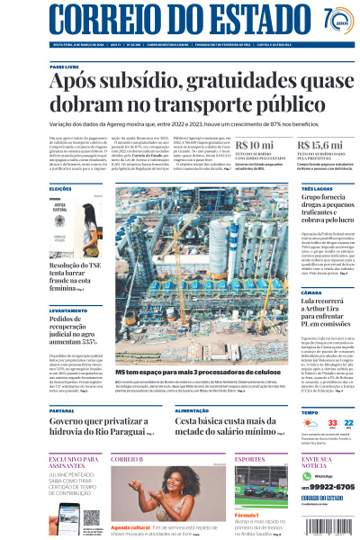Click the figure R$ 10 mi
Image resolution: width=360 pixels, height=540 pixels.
[255, 145]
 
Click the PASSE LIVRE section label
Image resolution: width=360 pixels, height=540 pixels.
[64, 67]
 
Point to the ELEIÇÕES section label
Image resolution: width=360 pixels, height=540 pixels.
[60, 189]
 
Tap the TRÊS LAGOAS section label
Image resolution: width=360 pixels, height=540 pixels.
[315, 189]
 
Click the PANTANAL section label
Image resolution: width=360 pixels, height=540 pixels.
[62, 409]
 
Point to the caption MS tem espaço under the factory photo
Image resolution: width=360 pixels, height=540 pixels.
[171, 371]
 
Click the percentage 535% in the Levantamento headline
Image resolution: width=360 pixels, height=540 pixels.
[82, 342]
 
